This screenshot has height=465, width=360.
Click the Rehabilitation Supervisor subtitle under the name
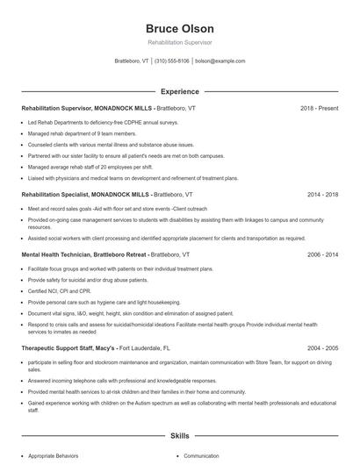tap(179, 42)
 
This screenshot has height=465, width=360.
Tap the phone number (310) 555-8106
tap(172, 61)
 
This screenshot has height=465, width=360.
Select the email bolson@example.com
tap(220, 61)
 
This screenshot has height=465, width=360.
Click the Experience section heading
tap(179, 91)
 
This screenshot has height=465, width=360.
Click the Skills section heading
tap(179, 435)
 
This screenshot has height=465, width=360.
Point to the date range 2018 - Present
tap(319, 108)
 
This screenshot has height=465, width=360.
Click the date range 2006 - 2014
tap(321, 254)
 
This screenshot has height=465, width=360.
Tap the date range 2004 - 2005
tap(321, 347)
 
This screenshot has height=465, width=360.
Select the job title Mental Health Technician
tap(59, 254)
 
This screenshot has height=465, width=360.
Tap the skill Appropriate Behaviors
tap(53, 456)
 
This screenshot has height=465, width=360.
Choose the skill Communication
tap(201, 456)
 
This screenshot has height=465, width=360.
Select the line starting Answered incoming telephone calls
tap(110, 381)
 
